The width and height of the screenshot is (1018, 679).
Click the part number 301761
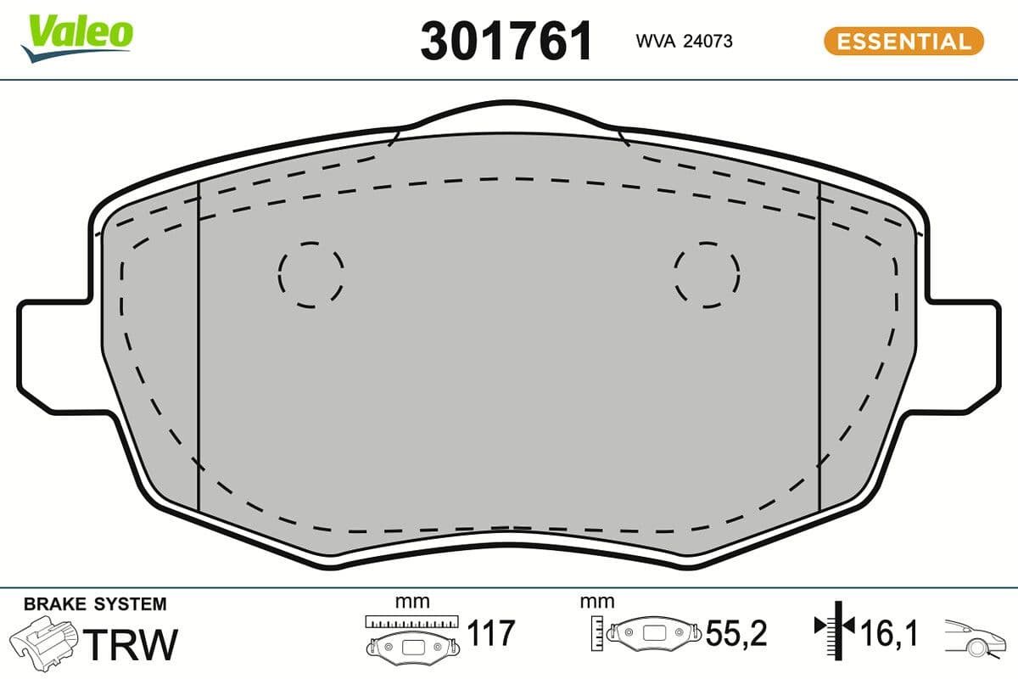pyautogui.click(x=506, y=42)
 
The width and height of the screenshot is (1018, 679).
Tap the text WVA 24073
pyautogui.click(x=684, y=41)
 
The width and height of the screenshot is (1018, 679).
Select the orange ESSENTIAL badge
pyautogui.click(x=903, y=41)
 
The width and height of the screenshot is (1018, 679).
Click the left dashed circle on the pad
pyautogui.click(x=310, y=273)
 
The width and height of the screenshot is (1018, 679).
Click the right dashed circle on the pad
pyautogui.click(x=707, y=273)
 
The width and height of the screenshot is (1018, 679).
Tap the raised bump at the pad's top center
pyautogui.click(x=507, y=117)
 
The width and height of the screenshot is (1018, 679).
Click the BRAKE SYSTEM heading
pyautogui.click(x=95, y=604)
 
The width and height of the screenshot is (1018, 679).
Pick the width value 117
pyautogui.click(x=491, y=634)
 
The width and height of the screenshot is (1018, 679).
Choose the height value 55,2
pyautogui.click(x=736, y=634)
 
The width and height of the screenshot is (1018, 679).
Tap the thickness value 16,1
pyautogui.click(x=888, y=634)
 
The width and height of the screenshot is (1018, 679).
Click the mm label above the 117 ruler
pyautogui.click(x=412, y=602)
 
